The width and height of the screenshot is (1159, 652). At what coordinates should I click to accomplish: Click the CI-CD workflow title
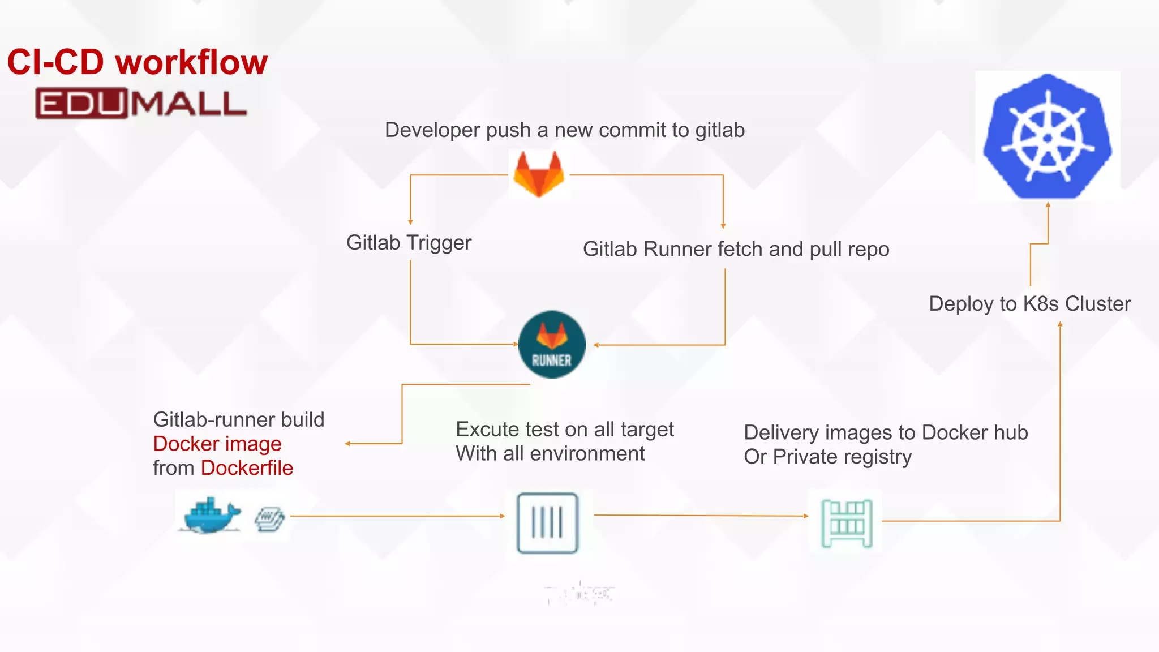pos(137,62)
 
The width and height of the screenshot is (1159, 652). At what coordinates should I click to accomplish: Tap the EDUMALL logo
pos(141,104)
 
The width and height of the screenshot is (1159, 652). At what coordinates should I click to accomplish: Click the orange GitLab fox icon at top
pos(539,174)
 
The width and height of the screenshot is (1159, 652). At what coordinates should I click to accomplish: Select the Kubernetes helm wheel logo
pos(1048,136)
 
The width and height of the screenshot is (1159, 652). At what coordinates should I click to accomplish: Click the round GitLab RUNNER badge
pos(552,344)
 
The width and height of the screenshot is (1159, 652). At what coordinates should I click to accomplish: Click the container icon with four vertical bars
pos(547,522)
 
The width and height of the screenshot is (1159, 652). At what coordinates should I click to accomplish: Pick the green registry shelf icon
pos(847,523)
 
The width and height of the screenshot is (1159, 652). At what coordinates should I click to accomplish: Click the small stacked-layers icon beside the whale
pos(269,518)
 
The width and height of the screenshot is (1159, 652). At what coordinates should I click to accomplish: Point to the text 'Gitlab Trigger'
pos(409,242)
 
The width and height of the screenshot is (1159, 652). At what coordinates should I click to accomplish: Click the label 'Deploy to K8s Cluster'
pos(1029,304)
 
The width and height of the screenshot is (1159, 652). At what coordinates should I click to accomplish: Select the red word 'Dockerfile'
pos(247,468)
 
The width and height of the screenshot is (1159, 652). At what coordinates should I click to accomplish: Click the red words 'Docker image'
pos(217,444)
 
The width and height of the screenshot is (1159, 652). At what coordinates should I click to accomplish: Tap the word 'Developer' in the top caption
pos(432,130)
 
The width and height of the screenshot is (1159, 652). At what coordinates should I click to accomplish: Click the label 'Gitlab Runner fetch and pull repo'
pos(736,249)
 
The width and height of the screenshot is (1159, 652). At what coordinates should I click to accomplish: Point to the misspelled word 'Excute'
pos(488,430)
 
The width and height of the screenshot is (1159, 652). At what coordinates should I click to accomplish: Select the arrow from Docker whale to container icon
pos(396,516)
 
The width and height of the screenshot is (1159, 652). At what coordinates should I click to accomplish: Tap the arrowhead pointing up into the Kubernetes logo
pos(1048,206)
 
